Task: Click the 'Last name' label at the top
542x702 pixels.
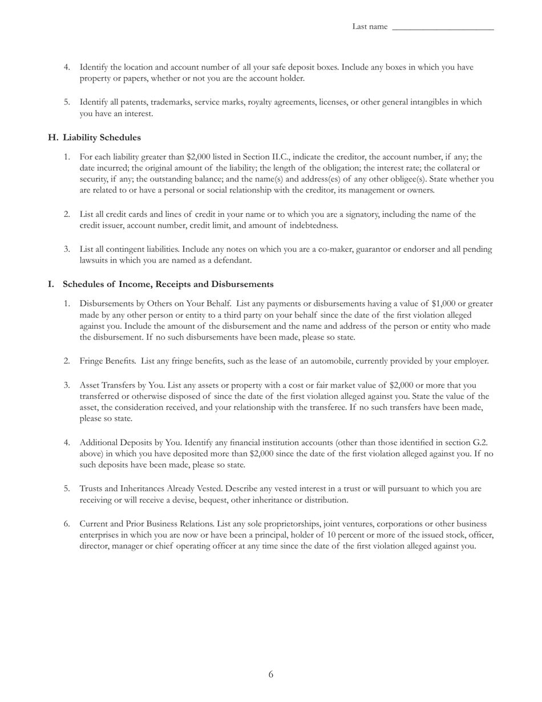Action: coord(370,26)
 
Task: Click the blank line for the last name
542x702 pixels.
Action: coord(443,27)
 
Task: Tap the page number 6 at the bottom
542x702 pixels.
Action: coord(271,675)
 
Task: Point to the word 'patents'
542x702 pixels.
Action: coord(134,102)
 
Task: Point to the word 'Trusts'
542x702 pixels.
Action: coord(91,489)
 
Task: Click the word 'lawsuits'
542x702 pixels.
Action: coord(94,260)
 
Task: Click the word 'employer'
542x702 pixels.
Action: coord(471,361)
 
